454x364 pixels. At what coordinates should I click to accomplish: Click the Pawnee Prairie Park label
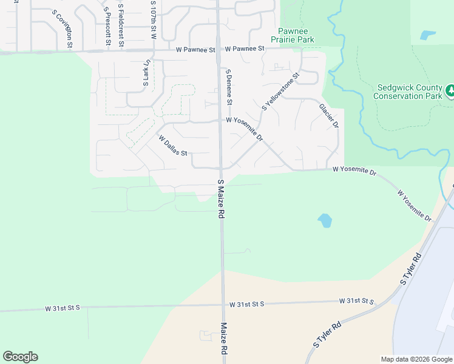(296, 35)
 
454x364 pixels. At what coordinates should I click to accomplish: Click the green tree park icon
(450, 91)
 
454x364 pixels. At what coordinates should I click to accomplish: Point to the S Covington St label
(63, 29)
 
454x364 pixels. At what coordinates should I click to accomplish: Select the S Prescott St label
(107, 27)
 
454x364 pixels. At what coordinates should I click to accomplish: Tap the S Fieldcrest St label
(121, 25)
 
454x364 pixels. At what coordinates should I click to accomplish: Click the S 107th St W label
(154, 20)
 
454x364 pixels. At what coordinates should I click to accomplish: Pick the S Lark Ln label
(147, 73)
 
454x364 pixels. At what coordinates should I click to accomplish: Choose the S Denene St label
(229, 86)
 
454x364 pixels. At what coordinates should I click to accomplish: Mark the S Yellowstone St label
(281, 92)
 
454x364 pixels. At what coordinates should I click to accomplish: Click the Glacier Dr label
(329, 115)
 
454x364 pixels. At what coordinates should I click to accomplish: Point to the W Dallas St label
(173, 146)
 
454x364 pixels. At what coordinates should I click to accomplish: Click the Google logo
(20, 357)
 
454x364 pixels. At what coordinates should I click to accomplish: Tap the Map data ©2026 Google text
(416, 359)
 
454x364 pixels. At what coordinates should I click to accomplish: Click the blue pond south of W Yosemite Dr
(325, 220)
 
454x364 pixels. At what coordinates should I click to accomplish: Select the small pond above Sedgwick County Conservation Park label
(428, 35)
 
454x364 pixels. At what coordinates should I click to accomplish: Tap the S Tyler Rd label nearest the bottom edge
(328, 334)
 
